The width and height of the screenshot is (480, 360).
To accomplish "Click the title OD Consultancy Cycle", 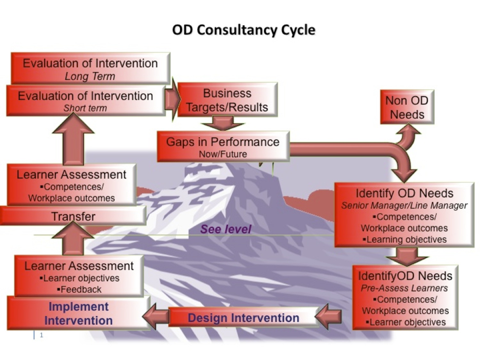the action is [x=244, y=30].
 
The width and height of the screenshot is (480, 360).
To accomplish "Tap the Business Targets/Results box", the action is [x=228, y=100].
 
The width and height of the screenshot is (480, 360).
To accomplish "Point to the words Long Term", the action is [x=90, y=76].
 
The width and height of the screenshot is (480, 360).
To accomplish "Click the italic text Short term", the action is [x=85, y=108].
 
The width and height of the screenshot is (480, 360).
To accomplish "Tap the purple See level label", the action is [x=226, y=229].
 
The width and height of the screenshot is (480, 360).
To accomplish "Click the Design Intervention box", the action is [x=244, y=317].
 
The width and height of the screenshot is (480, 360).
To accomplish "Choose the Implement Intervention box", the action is [x=79, y=313].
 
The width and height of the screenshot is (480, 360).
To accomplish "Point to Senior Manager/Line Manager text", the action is [x=404, y=205].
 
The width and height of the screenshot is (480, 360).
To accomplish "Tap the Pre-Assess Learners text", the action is [x=404, y=288].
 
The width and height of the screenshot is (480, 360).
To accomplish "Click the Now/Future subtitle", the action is [x=223, y=154].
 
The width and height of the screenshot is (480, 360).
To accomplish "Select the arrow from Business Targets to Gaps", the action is [x=223, y=123].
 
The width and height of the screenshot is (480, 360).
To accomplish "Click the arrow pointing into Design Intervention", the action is [x=328, y=316].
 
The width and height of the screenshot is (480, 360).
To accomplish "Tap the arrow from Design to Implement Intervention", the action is [x=156, y=316].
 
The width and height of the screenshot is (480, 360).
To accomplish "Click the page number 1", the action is [x=42, y=335].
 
